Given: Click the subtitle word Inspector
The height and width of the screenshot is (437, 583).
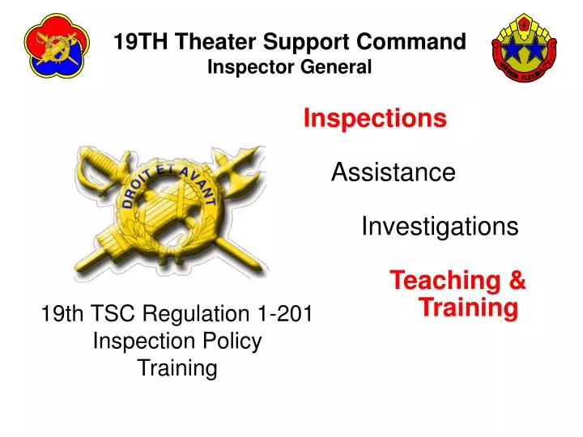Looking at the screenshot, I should pos(245,68).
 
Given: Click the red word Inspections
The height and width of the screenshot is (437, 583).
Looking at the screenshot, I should pos(375,119).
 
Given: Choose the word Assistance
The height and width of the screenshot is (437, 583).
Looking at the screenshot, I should pos(393,172).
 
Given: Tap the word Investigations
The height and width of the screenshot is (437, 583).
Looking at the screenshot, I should pos(439,227).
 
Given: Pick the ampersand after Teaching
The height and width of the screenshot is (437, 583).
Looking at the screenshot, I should pos(517,281).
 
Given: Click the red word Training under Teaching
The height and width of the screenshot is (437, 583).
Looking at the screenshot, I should pos(469,308).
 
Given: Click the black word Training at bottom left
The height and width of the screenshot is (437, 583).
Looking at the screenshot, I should pos(177,368).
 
